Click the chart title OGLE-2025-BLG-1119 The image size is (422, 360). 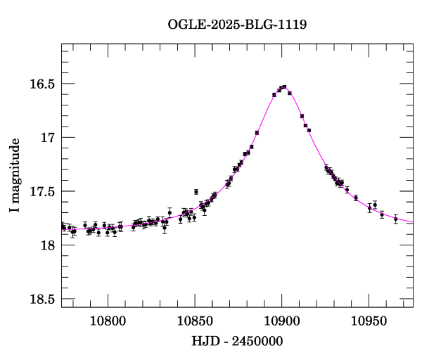pyautogui.click(x=237, y=24)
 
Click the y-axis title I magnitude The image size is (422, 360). pyautogui.click(x=15, y=175)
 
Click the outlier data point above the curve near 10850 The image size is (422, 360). pyautogui.click(x=196, y=191)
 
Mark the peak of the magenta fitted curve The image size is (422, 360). pyautogui.click(x=283, y=86)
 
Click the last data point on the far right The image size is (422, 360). pyautogui.click(x=396, y=219)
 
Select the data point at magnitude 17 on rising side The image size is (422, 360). pyautogui.click(x=257, y=132)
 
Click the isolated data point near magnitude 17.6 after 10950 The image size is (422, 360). pyautogui.click(x=375, y=205)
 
